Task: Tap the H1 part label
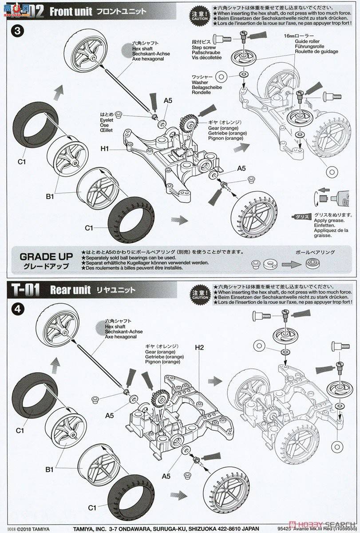click(x=105, y=149)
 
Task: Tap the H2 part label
click(x=198, y=347)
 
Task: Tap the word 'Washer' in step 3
click(x=200, y=83)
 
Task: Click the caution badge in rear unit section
click(x=199, y=294)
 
